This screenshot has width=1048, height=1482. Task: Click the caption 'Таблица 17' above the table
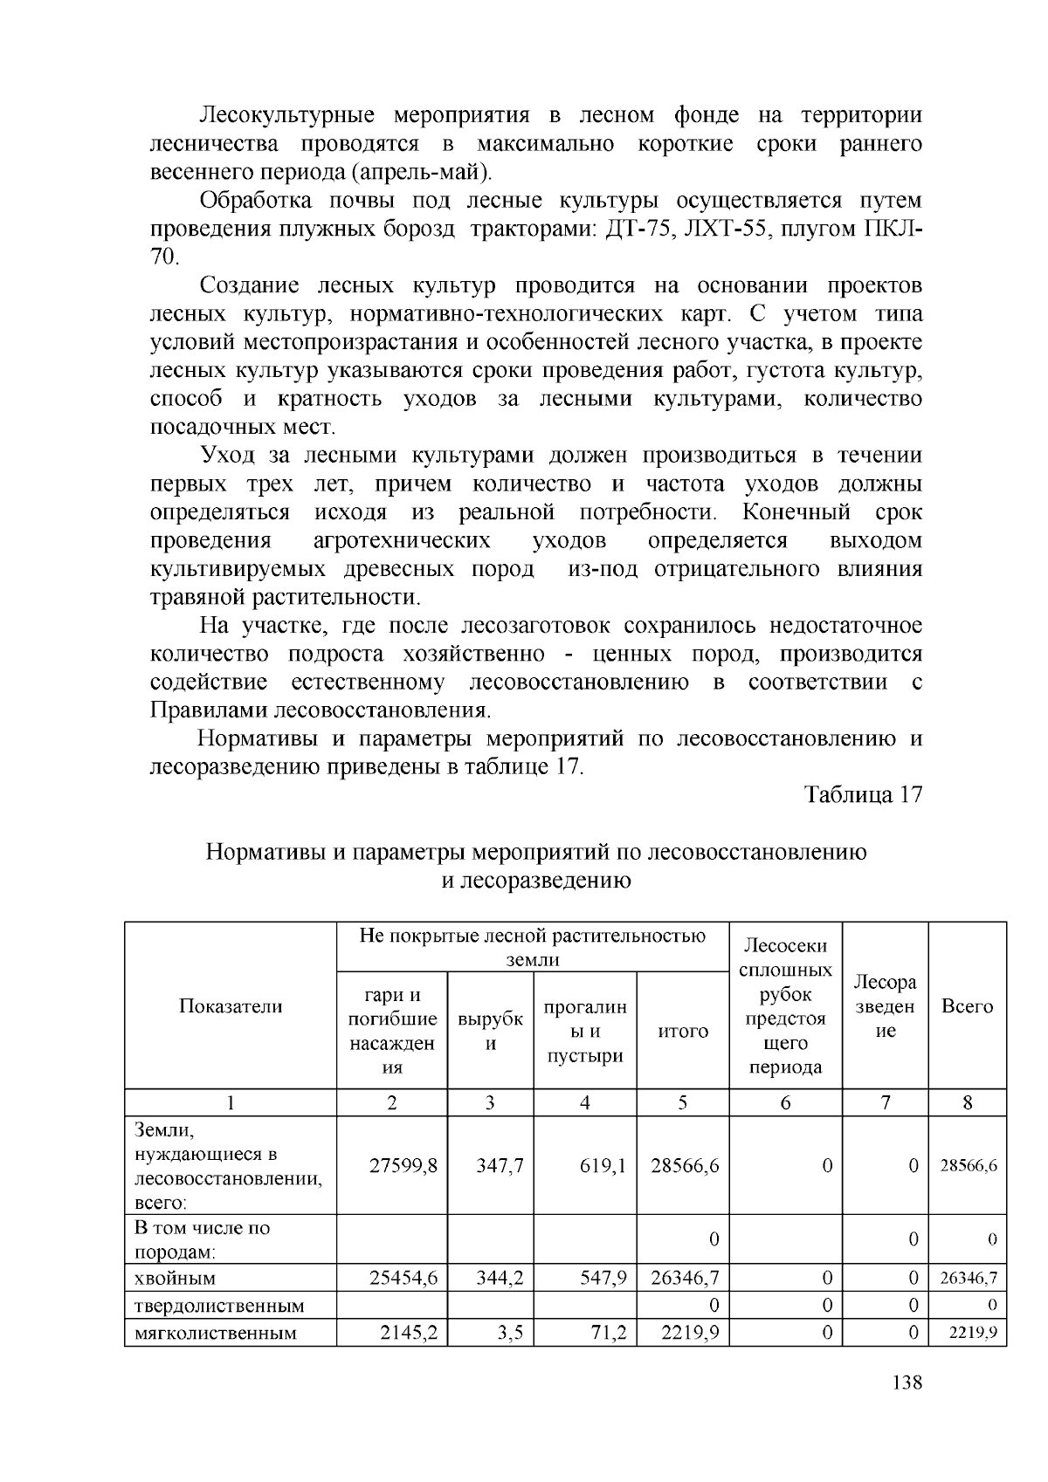[x=863, y=795]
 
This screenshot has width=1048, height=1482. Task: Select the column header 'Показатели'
[x=231, y=1006]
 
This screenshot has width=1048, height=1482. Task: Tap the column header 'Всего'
[x=967, y=1006]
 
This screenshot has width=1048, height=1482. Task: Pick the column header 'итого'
[x=682, y=1031]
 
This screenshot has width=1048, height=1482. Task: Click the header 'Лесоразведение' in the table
[x=885, y=1006]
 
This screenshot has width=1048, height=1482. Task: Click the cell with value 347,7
[x=500, y=1165]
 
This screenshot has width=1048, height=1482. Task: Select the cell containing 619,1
[x=603, y=1165]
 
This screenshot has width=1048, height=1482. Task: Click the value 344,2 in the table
[x=500, y=1279]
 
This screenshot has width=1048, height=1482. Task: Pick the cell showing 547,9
[x=603, y=1279]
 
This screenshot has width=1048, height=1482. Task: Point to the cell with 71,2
[x=609, y=1333]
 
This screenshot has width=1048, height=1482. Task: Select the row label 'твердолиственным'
[x=219, y=1306]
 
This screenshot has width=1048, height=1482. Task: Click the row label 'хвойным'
[x=175, y=1279]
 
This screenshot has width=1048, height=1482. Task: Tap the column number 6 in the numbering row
[x=785, y=1103]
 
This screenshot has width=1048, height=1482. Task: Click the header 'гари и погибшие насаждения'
[x=392, y=1031]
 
